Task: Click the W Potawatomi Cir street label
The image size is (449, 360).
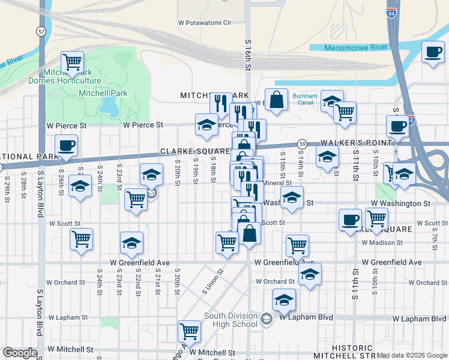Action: coord(205,23)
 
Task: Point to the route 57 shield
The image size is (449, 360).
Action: coord(40,31)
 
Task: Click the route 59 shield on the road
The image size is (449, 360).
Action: coord(303,144)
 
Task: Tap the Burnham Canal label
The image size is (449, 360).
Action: coord(304,99)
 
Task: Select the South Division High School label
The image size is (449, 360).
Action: coord(231,320)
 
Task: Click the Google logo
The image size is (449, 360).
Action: coord(20,353)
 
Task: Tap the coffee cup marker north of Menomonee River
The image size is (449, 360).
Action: coord(432,52)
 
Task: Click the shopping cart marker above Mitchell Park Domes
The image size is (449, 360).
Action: coord(72,61)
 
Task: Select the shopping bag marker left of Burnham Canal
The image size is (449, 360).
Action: coord(276,100)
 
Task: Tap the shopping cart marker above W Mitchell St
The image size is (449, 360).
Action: coord(189,331)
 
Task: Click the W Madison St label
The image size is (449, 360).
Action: coord(382,242)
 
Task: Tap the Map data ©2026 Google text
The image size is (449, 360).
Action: coord(412,355)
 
